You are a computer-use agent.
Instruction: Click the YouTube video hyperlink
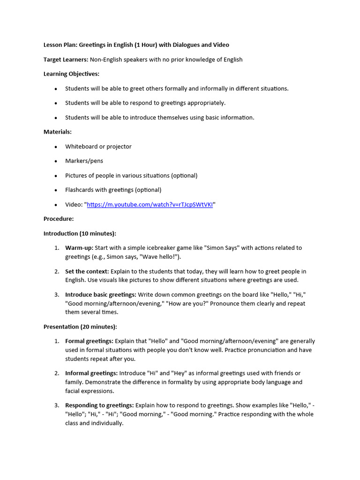[x=150, y=204]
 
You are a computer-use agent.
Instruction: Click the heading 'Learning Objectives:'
[x=71, y=74]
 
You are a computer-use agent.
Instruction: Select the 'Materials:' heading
[x=58, y=132]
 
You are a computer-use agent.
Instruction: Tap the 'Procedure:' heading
[x=59, y=219]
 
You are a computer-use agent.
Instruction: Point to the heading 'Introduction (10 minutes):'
[x=80, y=233]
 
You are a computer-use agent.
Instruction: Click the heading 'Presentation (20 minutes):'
[x=80, y=327]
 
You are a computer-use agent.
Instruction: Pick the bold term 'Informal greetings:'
[x=91, y=373]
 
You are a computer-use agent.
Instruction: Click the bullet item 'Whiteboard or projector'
[x=98, y=147]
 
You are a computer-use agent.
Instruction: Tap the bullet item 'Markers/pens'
[x=84, y=161]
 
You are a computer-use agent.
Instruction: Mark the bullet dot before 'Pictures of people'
[x=56, y=176]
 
